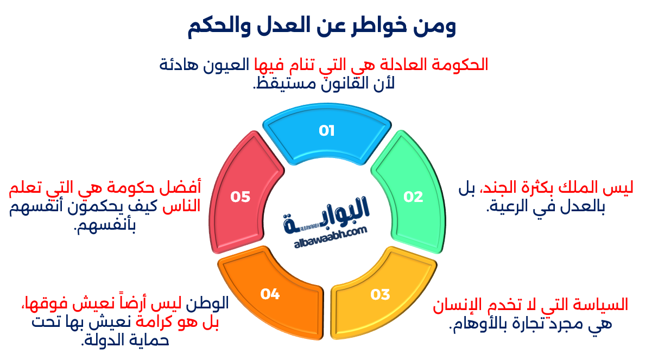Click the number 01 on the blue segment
(326, 131)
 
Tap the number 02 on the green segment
(413, 197)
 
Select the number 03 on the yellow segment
(381, 294)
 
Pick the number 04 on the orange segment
(270, 294)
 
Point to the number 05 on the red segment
(240, 197)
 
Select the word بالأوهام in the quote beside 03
(478, 324)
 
